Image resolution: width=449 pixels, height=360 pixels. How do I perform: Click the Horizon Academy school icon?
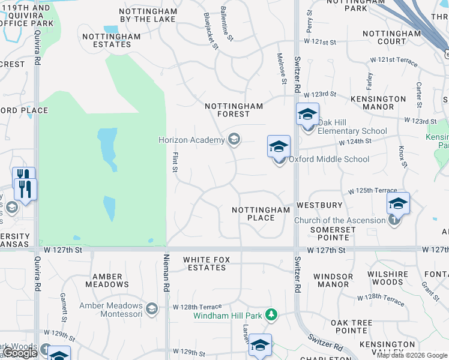[x=234, y=140]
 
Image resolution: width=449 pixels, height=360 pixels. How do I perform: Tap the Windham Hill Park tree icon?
[x=272, y=314]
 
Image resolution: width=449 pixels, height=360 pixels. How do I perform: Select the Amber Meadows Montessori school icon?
[x=152, y=309]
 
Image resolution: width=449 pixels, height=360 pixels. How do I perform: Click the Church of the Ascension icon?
[x=394, y=220]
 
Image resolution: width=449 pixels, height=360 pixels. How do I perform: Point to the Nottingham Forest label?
[x=234, y=110]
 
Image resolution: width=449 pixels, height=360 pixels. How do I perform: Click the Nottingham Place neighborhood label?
[x=261, y=214]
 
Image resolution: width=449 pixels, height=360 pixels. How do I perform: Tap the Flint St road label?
[x=175, y=163]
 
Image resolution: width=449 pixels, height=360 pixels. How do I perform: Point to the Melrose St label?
[x=280, y=64]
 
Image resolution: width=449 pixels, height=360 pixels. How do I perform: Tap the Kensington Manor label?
[x=378, y=103]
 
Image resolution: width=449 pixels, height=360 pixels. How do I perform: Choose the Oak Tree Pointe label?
[x=352, y=326]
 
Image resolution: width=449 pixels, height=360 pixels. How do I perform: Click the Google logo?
[x=19, y=353]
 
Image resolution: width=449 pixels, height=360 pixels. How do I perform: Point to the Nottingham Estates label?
[x=111, y=40]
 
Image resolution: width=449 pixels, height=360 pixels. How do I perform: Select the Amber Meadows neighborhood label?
[x=108, y=280]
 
